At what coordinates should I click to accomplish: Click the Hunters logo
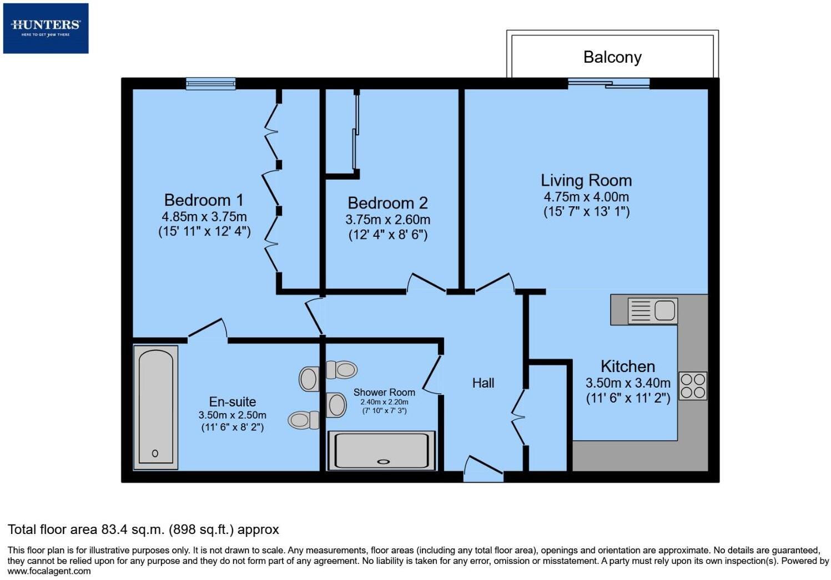(46, 28)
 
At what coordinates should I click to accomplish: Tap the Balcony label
(612, 57)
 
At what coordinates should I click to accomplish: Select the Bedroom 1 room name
(204, 200)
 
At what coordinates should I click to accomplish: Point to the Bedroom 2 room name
(387, 203)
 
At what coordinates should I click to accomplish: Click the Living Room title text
(586, 181)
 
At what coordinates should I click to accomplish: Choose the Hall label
(483, 383)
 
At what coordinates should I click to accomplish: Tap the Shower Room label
(384, 393)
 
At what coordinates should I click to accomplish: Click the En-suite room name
(232, 402)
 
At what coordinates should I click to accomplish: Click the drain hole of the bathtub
(155, 454)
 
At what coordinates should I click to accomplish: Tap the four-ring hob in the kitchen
(693, 386)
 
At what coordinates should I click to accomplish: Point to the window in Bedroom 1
(210, 84)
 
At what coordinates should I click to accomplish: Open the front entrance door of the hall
(483, 469)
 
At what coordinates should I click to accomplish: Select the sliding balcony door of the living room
(608, 84)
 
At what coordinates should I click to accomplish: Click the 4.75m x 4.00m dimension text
(586, 197)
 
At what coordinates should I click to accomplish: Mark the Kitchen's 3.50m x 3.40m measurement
(628, 383)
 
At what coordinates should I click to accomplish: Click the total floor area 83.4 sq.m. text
(143, 530)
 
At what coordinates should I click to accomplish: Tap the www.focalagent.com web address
(49, 571)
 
